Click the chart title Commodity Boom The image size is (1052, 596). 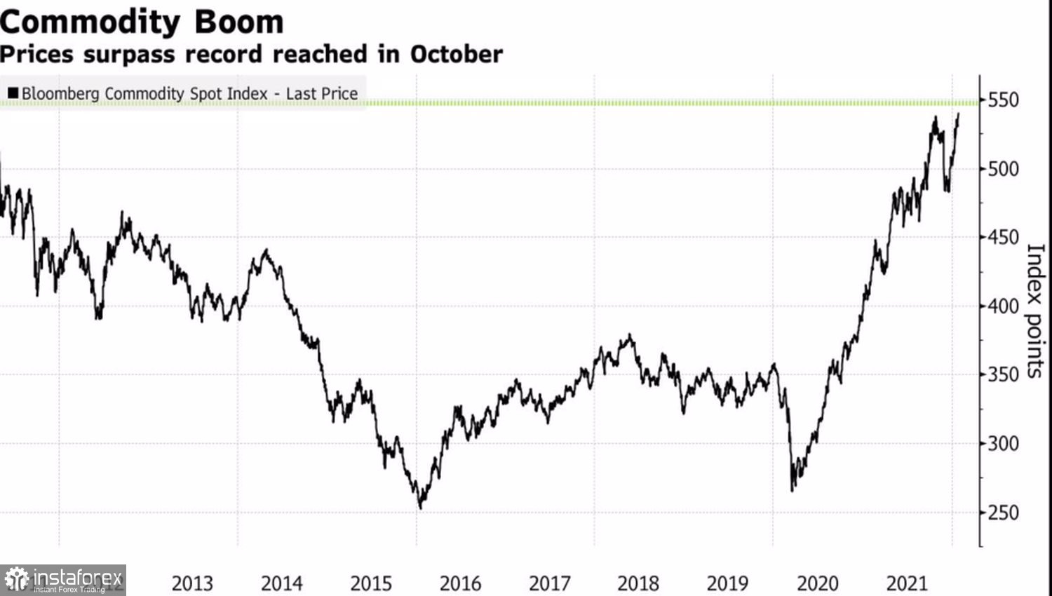[x=142, y=22]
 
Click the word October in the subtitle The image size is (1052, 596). [x=456, y=54]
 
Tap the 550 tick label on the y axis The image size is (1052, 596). [x=1003, y=100]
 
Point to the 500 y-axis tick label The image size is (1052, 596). [x=1003, y=169]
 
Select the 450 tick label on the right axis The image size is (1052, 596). [x=1003, y=238]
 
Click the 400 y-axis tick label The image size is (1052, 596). [x=1003, y=306]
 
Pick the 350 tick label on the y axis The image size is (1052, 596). [x=1003, y=374]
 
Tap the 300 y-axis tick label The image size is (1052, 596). [x=1003, y=443]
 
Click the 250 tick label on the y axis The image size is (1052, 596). [x=1003, y=513]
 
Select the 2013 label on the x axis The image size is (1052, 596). [x=192, y=583]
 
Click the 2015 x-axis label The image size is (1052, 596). [x=371, y=583]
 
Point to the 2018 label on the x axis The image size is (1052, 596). [x=638, y=583]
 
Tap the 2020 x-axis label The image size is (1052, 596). [x=817, y=583]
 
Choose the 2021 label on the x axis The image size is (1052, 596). [x=907, y=583]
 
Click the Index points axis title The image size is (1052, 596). [x=1035, y=311]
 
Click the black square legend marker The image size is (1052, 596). [x=13, y=93]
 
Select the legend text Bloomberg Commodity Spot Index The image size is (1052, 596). [x=144, y=93]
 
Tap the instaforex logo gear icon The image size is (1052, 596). [x=16, y=580]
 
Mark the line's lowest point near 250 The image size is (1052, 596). [x=421, y=507]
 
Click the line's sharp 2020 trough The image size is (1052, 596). [x=793, y=489]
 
